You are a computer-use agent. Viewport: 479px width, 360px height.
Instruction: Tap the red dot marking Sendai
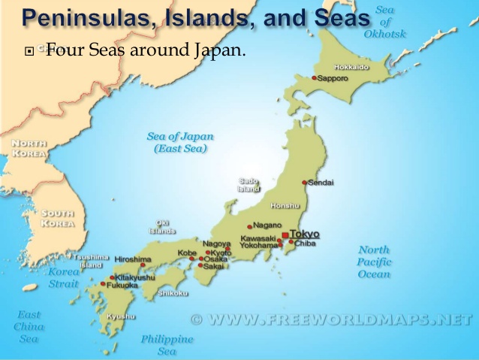304,183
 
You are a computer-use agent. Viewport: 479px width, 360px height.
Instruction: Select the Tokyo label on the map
304,234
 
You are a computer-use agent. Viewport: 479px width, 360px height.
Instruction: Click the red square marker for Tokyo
285,236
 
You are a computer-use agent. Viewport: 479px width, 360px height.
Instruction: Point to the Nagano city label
267,225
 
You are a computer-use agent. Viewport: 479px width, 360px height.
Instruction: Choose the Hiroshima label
134,259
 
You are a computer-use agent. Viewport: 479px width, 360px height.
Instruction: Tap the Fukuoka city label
122,285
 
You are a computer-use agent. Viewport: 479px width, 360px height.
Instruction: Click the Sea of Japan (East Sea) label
180,143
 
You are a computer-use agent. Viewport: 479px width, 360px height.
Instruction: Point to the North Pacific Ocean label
374,262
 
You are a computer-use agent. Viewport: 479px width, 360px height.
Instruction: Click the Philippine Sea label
167,345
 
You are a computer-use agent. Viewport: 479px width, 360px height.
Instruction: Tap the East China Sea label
29,327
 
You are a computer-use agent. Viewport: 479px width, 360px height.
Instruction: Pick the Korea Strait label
63,278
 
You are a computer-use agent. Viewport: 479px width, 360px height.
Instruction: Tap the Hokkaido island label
351,68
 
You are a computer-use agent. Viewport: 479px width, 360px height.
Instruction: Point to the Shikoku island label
173,293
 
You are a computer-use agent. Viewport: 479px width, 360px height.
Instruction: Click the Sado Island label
249,185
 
